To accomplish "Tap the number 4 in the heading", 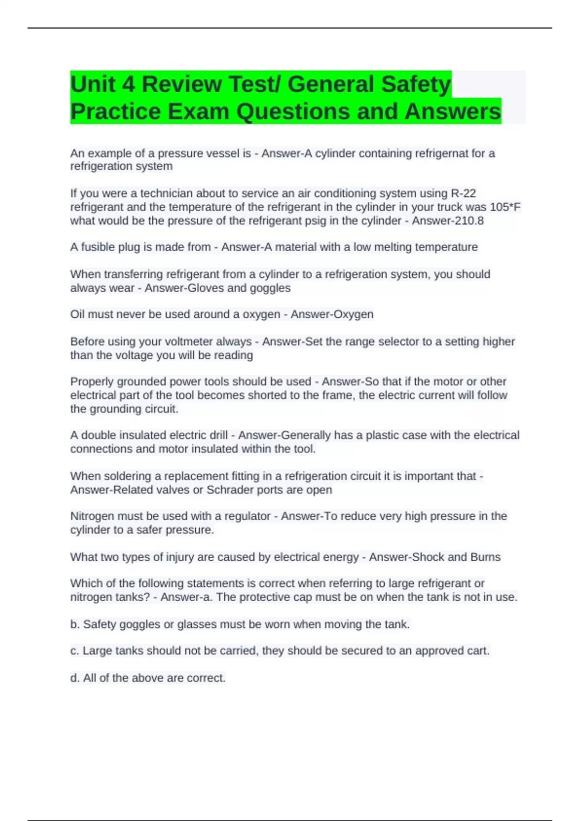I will [x=128, y=85].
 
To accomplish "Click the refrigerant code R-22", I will [x=463, y=194].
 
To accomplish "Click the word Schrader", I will [x=228, y=490].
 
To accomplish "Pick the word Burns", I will [x=485, y=557].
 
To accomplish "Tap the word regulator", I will [x=245, y=516].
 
